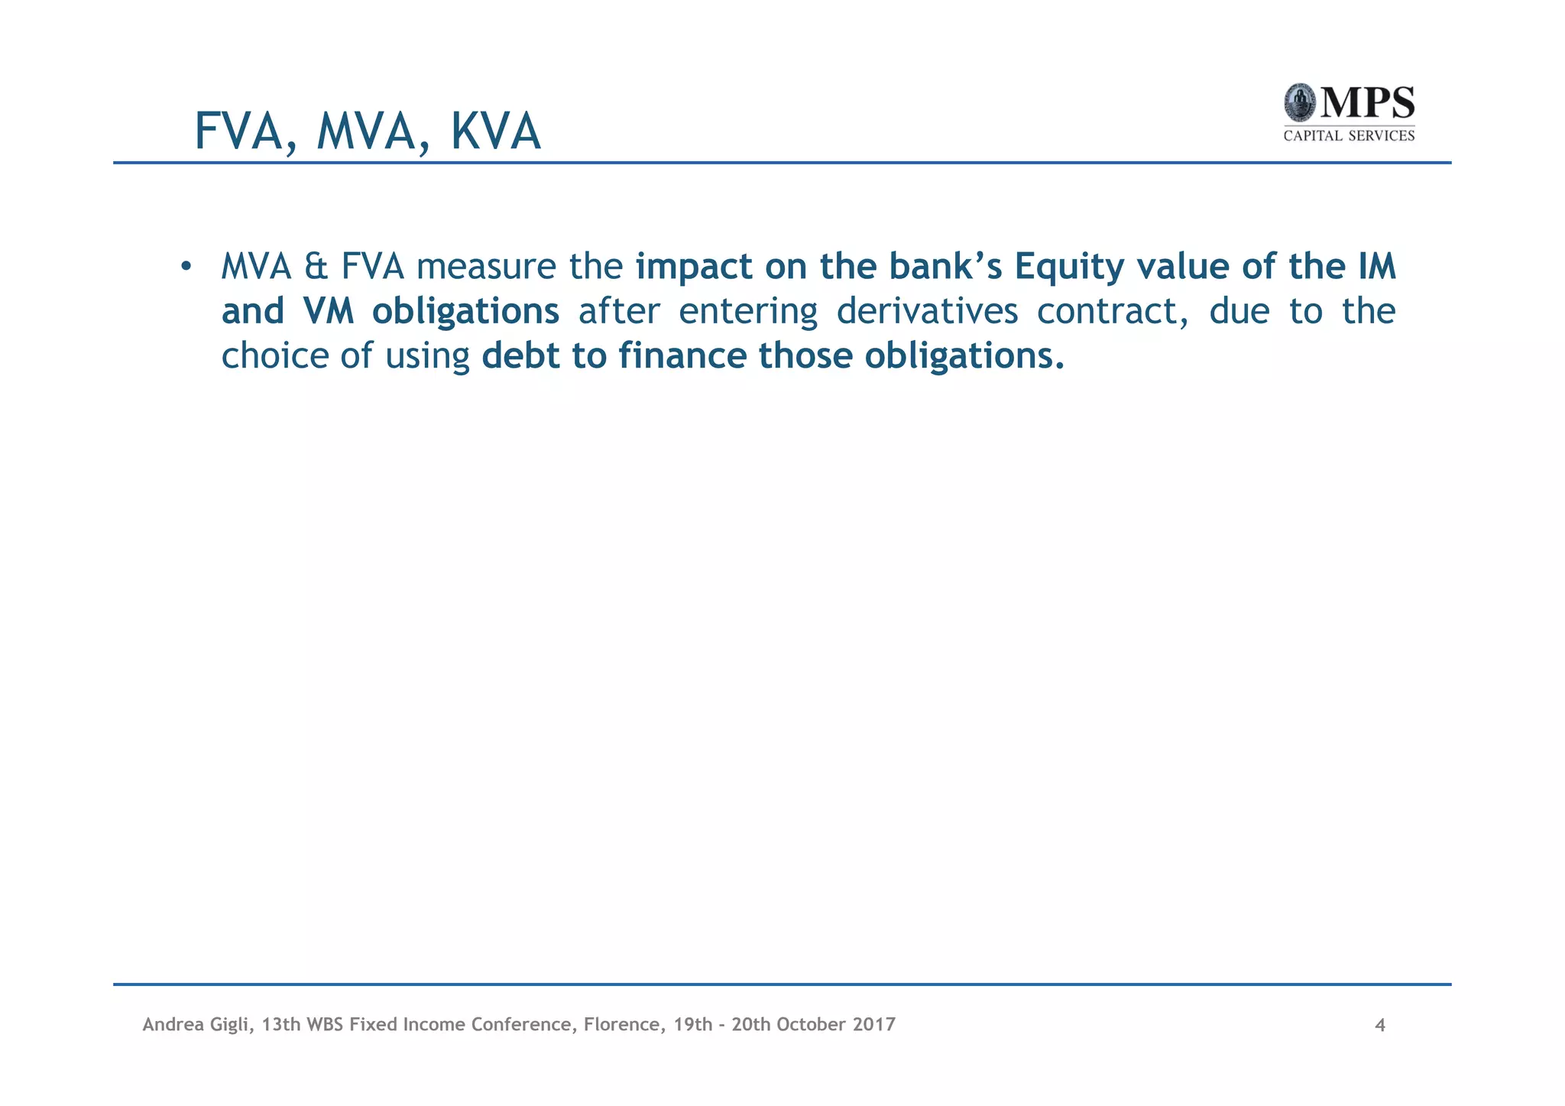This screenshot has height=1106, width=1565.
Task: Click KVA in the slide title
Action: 495,131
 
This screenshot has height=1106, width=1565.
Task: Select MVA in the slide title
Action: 365,131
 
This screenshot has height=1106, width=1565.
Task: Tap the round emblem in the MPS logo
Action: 1299,102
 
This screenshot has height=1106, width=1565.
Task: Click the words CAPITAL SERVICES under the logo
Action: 1349,136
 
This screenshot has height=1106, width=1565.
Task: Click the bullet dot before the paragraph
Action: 185,267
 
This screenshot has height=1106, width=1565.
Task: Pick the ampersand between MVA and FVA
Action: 316,267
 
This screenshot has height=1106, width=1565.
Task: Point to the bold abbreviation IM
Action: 1376,267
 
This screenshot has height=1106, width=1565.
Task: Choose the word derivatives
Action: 927,311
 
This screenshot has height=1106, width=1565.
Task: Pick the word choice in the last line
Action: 274,355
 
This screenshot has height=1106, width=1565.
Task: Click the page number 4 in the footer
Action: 1380,1025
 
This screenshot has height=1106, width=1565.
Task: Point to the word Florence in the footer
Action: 619,1024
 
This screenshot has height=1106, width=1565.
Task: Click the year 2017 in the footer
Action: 874,1024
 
